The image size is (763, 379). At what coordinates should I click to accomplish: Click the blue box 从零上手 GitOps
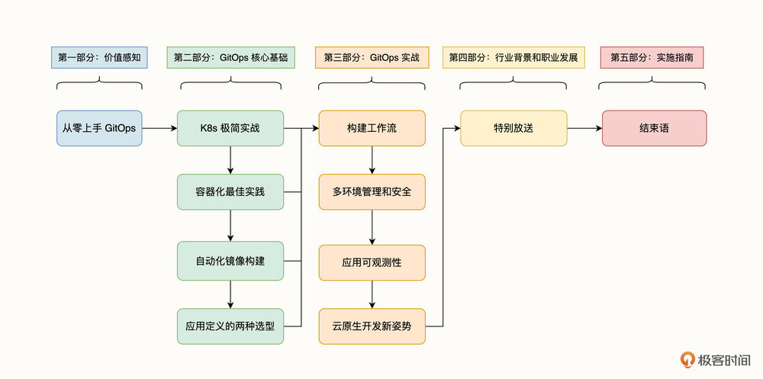coord(99,128)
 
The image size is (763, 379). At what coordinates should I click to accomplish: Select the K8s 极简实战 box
coord(230,128)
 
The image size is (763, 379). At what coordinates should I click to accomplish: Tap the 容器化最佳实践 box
coord(230,191)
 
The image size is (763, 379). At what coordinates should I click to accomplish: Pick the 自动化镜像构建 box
coord(230,260)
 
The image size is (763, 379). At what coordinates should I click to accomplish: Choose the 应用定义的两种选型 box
coord(230,326)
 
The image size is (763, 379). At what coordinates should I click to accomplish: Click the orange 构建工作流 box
coord(372,128)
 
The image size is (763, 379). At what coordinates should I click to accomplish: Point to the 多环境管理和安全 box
coord(372,191)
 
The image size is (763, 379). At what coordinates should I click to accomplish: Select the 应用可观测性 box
coord(372,262)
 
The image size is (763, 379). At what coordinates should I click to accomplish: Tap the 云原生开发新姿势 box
coord(372,326)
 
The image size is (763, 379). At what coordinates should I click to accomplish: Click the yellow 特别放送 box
coord(513,128)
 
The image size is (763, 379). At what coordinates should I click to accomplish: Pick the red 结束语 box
coord(654,128)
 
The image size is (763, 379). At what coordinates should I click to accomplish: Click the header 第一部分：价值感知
coord(99,57)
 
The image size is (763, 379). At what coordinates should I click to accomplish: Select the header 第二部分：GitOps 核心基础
coord(231,57)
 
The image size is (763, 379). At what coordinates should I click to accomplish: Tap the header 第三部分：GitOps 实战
coord(372,57)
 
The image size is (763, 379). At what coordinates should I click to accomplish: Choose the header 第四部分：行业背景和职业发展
coord(513,57)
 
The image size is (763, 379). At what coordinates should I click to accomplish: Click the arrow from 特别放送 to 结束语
coord(584,128)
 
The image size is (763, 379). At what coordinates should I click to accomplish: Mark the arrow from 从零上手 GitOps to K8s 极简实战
coord(159,128)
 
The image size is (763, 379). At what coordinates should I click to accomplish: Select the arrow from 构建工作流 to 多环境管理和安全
coord(372,159)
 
